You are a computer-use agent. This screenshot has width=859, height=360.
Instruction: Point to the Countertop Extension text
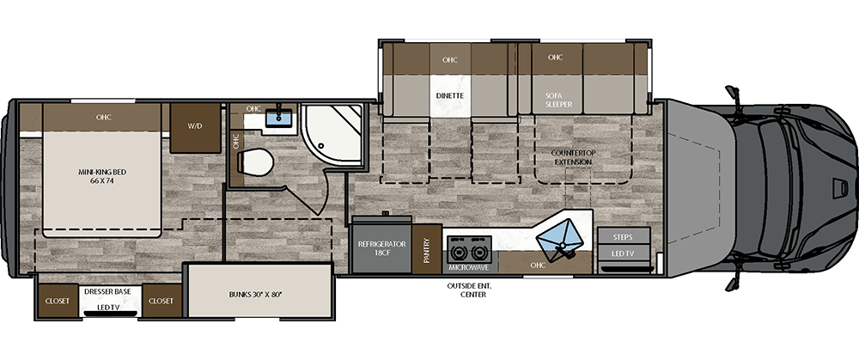(572, 157)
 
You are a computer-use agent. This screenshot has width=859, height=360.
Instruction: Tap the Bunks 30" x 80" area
(258, 294)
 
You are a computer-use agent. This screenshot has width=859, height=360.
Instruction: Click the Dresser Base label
(107, 291)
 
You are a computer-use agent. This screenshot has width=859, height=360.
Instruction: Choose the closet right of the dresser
(161, 301)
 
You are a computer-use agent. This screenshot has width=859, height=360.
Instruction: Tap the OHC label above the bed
(104, 117)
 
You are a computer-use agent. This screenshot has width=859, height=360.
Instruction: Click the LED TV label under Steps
(623, 255)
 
